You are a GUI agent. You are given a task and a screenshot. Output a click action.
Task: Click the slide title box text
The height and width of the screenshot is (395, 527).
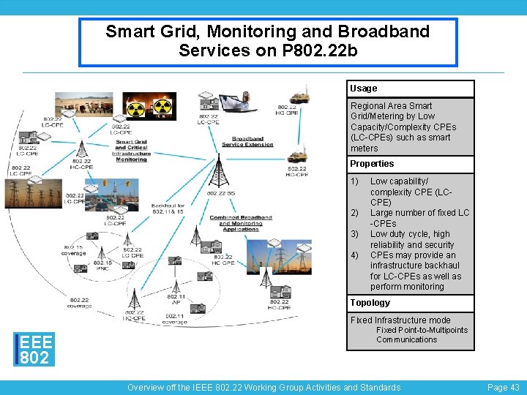(268, 42)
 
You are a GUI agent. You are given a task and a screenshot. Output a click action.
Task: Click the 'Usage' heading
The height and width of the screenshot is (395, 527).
(364, 89)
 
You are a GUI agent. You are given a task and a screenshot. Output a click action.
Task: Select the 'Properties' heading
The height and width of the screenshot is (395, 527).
(372, 164)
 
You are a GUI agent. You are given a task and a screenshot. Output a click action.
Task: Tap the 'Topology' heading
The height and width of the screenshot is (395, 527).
(370, 303)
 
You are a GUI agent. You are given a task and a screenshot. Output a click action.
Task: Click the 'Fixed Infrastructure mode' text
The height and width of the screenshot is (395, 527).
(400, 320)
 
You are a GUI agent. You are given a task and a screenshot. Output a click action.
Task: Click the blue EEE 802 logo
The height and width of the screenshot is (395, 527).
(34, 350)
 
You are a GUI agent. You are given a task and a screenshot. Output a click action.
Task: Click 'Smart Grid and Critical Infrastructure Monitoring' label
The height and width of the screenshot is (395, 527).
(132, 151)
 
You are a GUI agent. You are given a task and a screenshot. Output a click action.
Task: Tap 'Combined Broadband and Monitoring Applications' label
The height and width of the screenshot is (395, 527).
(241, 223)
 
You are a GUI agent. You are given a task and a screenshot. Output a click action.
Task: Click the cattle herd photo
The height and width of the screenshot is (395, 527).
(84, 105)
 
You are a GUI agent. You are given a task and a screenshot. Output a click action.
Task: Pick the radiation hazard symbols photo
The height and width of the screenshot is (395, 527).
(149, 106)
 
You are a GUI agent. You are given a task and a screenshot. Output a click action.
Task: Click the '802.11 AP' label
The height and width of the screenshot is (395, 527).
(176, 298)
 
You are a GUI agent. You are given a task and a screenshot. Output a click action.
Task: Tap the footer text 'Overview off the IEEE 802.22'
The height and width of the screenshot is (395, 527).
(263, 387)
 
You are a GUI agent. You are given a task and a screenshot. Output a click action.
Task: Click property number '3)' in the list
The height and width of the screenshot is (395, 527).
(354, 234)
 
